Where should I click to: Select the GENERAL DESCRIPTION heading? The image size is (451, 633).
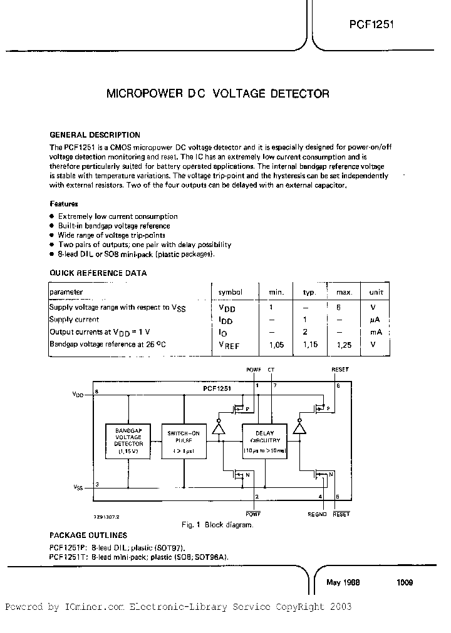click(95, 134)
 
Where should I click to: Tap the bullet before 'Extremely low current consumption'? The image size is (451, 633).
click(51, 216)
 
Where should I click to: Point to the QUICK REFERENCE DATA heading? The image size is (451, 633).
click(98, 273)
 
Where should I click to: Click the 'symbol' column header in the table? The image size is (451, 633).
click(229, 292)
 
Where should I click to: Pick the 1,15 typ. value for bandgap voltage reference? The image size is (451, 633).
click(309, 345)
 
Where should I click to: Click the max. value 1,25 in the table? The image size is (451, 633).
click(343, 345)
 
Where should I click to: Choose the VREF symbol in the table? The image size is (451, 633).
click(229, 345)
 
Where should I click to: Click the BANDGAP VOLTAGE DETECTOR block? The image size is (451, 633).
click(128, 442)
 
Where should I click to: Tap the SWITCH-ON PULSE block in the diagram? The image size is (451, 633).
click(181, 442)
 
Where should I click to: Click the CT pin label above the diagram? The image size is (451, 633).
click(271, 370)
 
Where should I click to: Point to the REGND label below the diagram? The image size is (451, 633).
click(318, 514)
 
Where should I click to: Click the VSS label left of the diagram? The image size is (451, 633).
click(78, 486)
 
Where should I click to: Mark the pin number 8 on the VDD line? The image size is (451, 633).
click(96, 392)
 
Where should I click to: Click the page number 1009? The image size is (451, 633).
click(404, 582)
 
